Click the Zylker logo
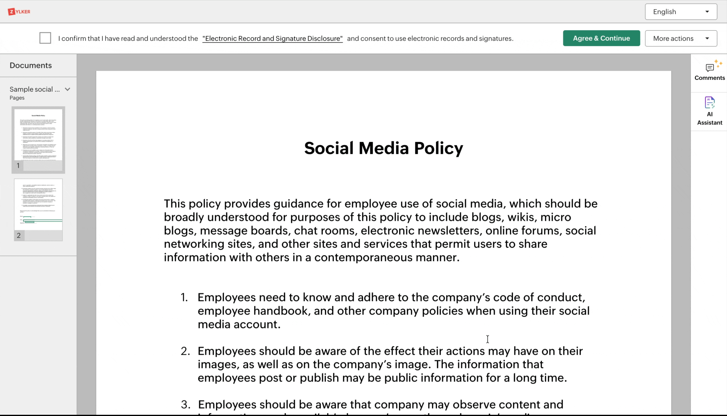(19, 12)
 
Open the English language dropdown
(681, 12)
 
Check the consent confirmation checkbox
(45, 38)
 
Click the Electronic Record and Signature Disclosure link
(272, 39)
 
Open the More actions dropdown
(681, 38)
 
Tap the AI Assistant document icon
(710, 103)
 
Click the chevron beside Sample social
(67, 89)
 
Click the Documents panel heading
(31, 65)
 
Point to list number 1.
(184, 297)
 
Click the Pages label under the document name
(17, 98)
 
